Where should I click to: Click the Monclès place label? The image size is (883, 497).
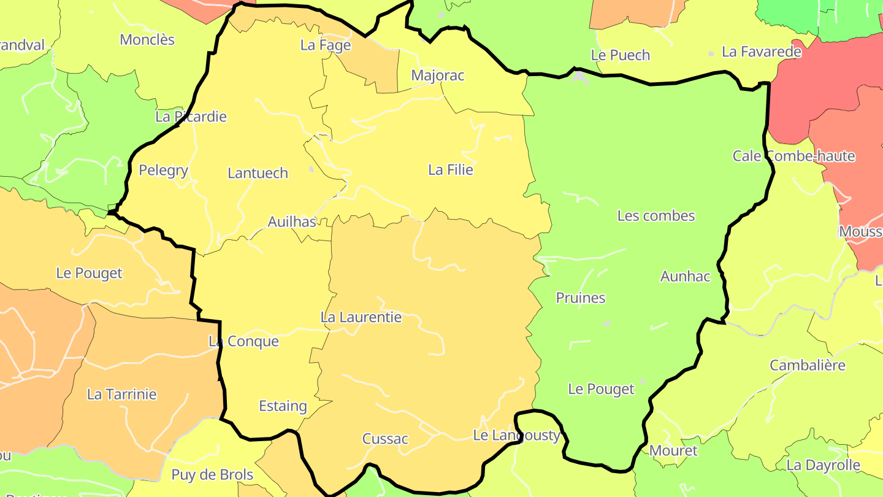point(147,40)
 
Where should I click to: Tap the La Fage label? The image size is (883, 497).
point(326,45)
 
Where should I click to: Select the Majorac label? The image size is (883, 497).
point(438,75)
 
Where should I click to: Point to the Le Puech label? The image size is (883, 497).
point(620,55)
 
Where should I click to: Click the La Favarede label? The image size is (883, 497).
point(762,52)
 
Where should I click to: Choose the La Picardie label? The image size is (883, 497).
point(191,117)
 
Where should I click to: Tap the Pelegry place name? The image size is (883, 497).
point(163,170)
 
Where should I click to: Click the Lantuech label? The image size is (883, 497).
point(258,173)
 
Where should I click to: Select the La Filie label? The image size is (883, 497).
point(451,170)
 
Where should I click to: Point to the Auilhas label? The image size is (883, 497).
point(292,222)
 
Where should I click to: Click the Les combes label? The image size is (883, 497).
point(656,215)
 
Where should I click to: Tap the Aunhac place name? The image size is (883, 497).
point(685,276)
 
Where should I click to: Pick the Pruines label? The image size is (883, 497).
point(581,298)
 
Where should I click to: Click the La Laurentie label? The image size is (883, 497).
point(361,317)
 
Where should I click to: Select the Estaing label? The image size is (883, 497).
point(283,406)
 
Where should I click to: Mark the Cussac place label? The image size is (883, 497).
point(385,439)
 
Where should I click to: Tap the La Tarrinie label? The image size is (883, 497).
point(122,394)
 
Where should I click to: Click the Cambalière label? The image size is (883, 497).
point(808,365)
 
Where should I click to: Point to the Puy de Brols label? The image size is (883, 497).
point(212,475)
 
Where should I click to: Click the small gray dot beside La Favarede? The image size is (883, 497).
point(711,54)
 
